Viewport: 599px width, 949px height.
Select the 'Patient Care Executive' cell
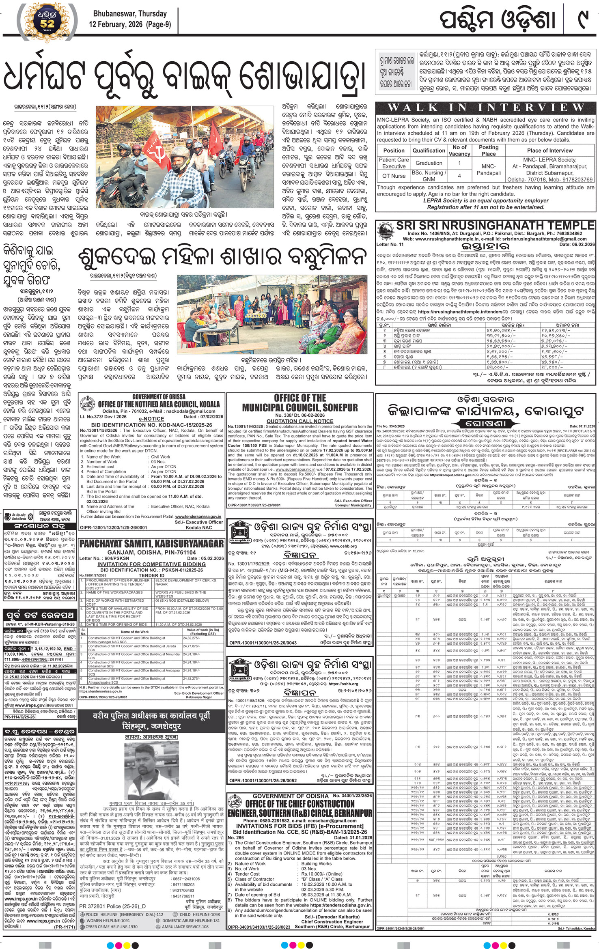coord(394,163)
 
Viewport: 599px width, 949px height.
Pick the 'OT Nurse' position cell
coord(394,176)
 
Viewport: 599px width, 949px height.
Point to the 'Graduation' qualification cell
coord(429,163)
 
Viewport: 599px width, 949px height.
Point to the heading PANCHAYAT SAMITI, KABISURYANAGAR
coord(151,543)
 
